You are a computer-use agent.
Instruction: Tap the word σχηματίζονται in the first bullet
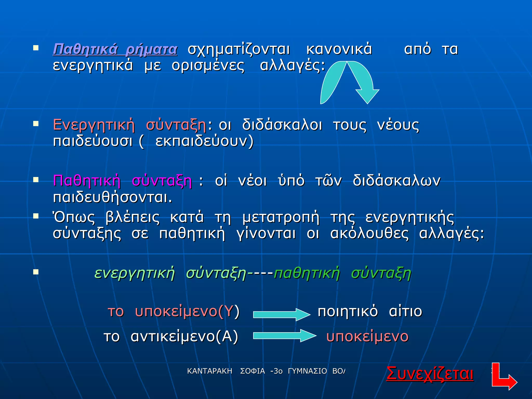238,49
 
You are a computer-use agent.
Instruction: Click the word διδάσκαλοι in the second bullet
282,125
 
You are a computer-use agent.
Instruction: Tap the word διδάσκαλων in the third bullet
396,181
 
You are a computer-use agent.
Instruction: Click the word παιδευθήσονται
112,197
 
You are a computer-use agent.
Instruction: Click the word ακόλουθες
369,233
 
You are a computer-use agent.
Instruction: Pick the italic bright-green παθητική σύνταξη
342,273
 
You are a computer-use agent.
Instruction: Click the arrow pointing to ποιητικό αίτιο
281,315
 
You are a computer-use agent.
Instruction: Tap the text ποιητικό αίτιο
370,311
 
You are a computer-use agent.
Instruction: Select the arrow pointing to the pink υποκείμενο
284,336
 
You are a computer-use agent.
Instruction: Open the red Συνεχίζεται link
430,374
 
